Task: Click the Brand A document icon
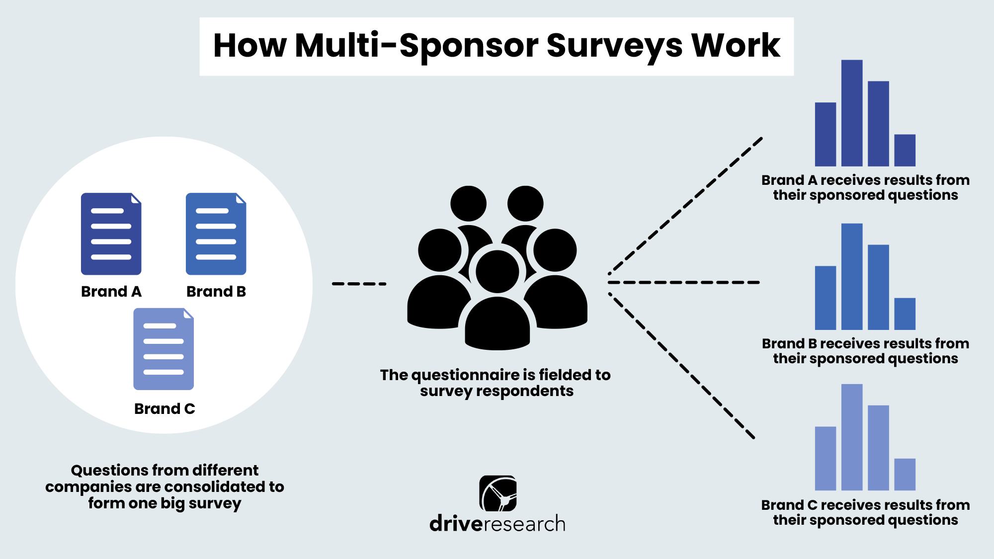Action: pos(111,234)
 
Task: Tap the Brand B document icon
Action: pos(216,234)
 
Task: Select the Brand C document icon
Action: pos(164,349)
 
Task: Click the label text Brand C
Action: pos(165,408)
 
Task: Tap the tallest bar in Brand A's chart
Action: pos(852,113)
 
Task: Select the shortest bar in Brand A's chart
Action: pos(905,150)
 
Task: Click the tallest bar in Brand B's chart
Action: pos(852,277)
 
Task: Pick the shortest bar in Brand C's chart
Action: pos(905,475)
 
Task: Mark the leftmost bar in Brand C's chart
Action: pos(826,458)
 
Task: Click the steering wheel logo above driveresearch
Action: pos(497,493)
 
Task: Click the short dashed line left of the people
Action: pos(359,284)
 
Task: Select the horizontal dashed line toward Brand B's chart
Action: pos(684,282)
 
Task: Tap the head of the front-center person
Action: pos(497,272)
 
